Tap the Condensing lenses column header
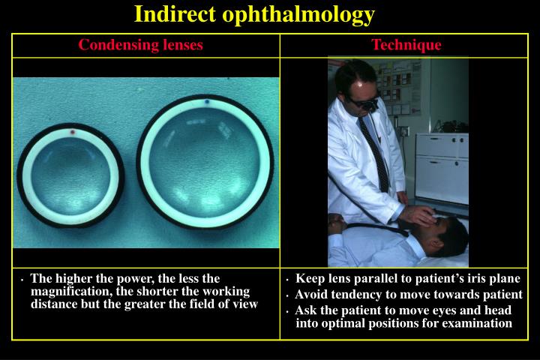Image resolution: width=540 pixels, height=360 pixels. (141, 45)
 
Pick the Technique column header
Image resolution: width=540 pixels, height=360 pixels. (406, 45)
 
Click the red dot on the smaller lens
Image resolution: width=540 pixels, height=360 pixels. (72, 133)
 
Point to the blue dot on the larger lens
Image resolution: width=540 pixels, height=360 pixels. (207, 101)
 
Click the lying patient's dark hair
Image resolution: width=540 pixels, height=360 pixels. (454, 229)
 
